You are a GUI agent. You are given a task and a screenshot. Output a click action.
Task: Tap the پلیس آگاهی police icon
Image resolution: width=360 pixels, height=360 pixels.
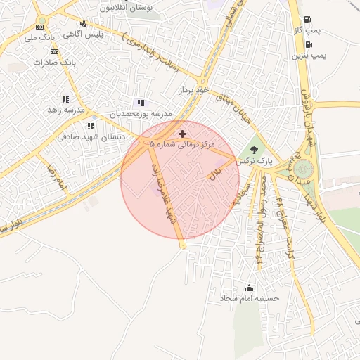pyautogui.click(x=84, y=23)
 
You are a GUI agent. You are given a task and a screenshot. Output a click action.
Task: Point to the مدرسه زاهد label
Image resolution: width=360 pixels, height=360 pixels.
pyautogui.click(x=65, y=110)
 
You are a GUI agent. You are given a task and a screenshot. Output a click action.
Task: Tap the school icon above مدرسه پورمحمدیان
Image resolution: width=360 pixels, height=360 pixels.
pyautogui.click(x=141, y=103)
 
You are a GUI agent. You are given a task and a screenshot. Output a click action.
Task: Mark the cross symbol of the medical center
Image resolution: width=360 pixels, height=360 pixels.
pyautogui.click(x=183, y=133)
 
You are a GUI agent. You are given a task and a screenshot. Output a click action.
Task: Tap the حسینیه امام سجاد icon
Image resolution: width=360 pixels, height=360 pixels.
pyautogui.click(x=249, y=288)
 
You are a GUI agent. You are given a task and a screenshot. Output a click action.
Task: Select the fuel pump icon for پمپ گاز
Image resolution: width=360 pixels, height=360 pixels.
pyautogui.click(x=307, y=20)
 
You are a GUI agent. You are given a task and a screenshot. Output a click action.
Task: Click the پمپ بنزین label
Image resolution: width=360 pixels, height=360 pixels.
pyautogui.click(x=310, y=54)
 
